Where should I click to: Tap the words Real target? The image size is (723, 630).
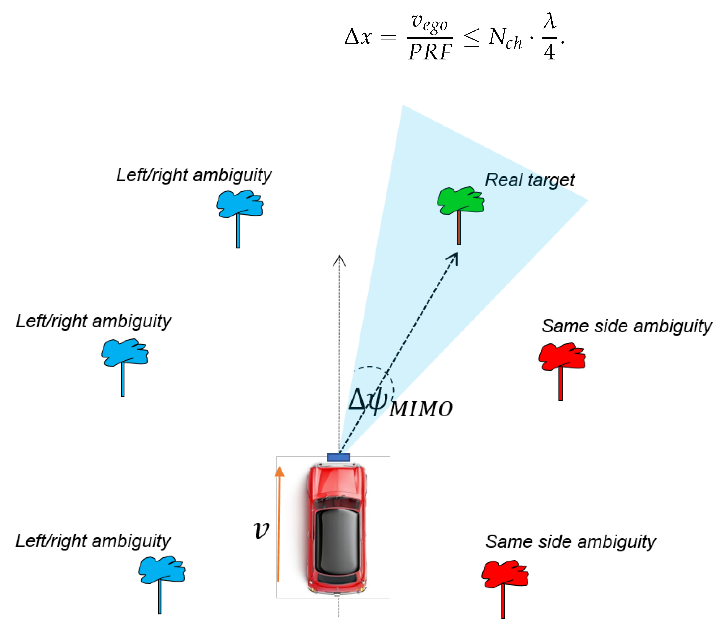tap(529, 180)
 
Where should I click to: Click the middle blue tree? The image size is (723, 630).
tap(124, 353)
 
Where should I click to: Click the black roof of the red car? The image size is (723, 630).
tap(337, 542)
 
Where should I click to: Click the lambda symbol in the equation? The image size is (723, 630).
tap(549, 21)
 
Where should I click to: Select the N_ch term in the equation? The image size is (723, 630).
tap(505, 39)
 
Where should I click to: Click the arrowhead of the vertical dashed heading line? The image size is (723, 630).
tap(339, 261)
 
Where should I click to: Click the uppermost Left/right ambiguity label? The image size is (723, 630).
tap(194, 175)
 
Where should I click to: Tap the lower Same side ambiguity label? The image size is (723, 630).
tap(571, 542)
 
